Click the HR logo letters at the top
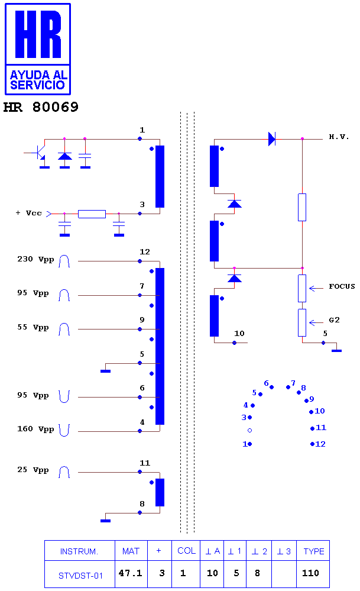[38, 34]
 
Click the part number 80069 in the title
[56, 107]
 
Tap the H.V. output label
[339, 137]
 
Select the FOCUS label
[342, 286]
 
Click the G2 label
[335, 320]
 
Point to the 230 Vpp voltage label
[36, 259]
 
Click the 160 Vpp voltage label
[36, 429]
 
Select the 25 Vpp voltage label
[33, 470]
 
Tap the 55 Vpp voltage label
[33, 327]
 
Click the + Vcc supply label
[28, 213]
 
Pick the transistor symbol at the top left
[41, 153]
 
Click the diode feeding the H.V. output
[272, 139]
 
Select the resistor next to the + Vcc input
[92, 214]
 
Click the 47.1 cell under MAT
[130, 573]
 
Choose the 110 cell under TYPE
[311, 573]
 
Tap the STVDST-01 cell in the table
[80, 576]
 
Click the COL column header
[186, 551]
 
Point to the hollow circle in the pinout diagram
[249, 431]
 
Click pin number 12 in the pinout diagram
[320, 444]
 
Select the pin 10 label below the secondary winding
[239, 334]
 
